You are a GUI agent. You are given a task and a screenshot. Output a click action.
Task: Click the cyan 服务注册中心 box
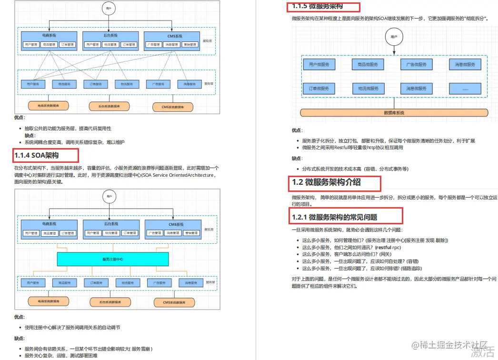[113, 259]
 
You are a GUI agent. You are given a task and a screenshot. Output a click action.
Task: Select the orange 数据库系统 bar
[394, 113]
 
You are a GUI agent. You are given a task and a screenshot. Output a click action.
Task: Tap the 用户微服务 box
[319, 64]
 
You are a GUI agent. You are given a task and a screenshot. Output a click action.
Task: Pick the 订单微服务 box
[319, 89]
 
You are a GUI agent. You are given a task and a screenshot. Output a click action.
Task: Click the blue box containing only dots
[465, 89]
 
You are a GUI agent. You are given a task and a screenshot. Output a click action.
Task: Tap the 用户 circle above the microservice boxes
[393, 37]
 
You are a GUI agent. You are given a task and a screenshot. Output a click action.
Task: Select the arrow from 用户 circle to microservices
[393, 51]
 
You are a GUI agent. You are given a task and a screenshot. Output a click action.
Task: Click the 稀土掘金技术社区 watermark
[450, 344]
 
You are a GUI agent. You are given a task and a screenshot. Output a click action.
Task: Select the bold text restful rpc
[388, 248]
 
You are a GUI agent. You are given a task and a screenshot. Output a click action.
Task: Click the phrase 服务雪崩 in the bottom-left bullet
[142, 349]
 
